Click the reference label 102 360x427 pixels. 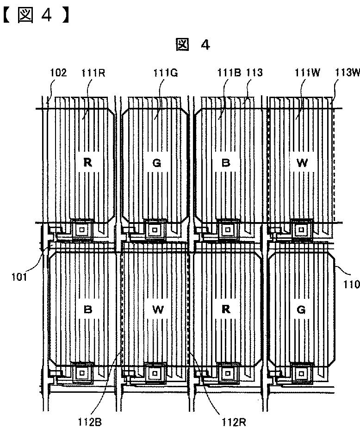(58, 73)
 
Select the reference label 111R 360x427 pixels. (93, 73)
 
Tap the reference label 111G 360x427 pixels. (166, 73)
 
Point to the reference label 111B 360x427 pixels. (229, 73)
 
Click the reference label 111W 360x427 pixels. (307, 73)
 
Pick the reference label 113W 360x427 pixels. (348, 73)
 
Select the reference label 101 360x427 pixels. (19, 277)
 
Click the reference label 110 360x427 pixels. (351, 285)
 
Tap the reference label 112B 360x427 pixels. (90, 422)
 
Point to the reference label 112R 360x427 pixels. (234, 422)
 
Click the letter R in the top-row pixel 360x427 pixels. (87, 162)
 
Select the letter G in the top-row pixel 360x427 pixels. (156, 163)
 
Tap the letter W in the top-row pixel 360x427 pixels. (302, 163)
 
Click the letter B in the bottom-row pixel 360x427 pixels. (87, 309)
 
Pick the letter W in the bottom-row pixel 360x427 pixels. (158, 309)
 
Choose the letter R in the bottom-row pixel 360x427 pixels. (226, 309)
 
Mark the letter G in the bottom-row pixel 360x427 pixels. (301, 309)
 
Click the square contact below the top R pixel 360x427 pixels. (82, 230)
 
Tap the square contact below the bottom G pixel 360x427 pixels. (301, 373)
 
